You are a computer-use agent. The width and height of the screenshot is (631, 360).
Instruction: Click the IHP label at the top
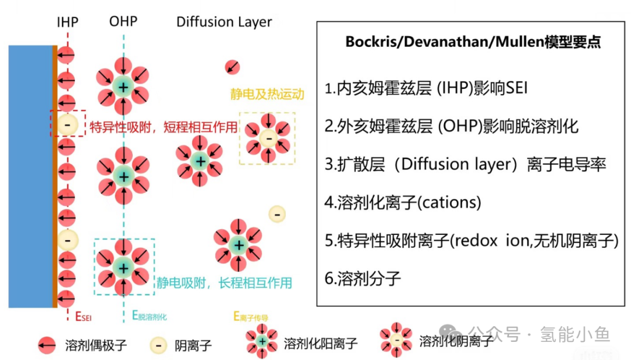click(68, 22)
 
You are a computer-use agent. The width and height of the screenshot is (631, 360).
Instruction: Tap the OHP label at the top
click(123, 21)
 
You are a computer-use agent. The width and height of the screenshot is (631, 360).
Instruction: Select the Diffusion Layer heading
click(224, 22)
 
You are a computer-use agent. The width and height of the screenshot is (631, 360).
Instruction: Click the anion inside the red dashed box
click(67, 124)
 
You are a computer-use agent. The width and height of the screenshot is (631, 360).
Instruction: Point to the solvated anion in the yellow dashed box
click(268, 139)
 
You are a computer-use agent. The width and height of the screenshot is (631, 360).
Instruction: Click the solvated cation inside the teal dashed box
click(123, 268)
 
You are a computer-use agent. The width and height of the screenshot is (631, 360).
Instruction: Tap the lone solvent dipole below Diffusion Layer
click(232, 67)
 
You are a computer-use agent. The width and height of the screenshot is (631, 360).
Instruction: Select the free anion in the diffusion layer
click(277, 214)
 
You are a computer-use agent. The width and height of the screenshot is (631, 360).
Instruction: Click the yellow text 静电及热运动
click(267, 94)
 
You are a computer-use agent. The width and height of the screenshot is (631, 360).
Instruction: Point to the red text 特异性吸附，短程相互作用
click(164, 127)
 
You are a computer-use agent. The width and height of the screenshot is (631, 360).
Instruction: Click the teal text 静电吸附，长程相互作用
click(224, 283)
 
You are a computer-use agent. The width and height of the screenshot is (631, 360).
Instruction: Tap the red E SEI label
click(84, 317)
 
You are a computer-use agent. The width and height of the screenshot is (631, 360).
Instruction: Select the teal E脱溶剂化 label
click(150, 316)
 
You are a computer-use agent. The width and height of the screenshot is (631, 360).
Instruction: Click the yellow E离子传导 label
click(251, 317)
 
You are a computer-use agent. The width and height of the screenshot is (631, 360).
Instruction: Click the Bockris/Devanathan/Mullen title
click(473, 42)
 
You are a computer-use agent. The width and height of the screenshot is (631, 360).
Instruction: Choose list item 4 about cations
click(403, 202)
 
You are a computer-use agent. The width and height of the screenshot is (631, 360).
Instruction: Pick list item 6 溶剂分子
click(363, 278)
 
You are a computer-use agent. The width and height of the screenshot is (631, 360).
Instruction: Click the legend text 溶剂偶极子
click(96, 345)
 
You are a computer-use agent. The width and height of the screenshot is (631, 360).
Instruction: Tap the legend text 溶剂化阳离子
click(321, 344)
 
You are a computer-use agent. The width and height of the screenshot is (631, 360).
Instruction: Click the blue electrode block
click(30, 176)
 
